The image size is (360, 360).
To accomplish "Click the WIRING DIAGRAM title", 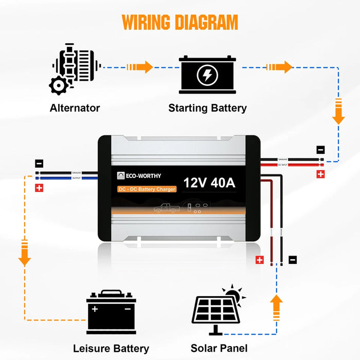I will pyautogui.click(x=180, y=23).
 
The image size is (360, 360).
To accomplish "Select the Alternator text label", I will pyautogui.click(x=75, y=108).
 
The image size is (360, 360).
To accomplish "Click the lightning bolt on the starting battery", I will pyautogui.click(x=207, y=76).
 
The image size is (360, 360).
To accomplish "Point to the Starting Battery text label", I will pyautogui.click(x=207, y=108).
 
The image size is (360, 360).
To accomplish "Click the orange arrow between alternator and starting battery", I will pyautogui.click(x=141, y=67).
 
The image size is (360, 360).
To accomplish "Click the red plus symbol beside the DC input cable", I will pyautogui.click(x=320, y=174).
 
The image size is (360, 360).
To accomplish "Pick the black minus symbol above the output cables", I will pyautogui.click(x=39, y=164).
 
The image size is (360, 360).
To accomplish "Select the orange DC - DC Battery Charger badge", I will pyautogui.click(x=147, y=189).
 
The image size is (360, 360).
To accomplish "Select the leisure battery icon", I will pyautogui.click(x=111, y=312).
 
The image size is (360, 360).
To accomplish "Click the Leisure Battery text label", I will pyautogui.click(x=111, y=349).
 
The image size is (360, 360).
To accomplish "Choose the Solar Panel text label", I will pyautogui.click(x=219, y=349).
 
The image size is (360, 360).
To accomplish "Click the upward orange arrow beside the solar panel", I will pyautogui.click(x=277, y=308).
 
